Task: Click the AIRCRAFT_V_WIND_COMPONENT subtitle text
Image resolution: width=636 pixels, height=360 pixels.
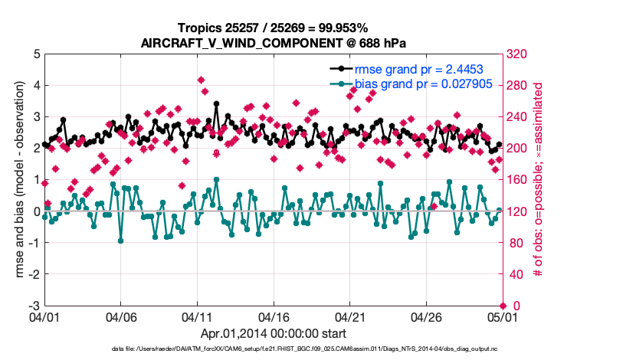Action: (x=272, y=43)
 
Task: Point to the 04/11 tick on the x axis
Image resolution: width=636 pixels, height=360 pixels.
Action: (x=197, y=316)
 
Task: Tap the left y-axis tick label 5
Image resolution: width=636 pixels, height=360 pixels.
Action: (x=35, y=54)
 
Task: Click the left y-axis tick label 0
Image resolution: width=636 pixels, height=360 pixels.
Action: (x=35, y=211)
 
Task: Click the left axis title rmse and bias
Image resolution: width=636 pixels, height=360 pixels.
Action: (x=16, y=180)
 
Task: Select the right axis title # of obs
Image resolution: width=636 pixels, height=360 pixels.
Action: (x=538, y=180)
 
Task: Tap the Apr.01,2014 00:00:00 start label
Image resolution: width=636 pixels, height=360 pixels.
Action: (x=273, y=334)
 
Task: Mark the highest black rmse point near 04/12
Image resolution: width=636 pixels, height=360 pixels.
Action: (x=217, y=103)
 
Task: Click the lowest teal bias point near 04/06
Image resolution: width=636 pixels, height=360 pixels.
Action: (x=120, y=241)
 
